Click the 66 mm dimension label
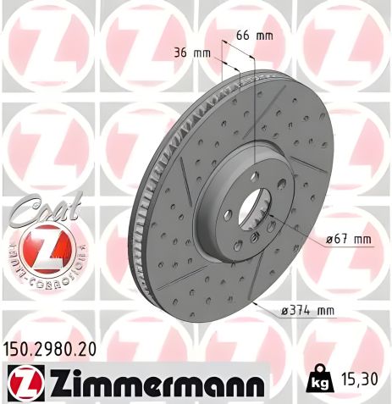252,36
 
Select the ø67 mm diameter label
348,240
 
